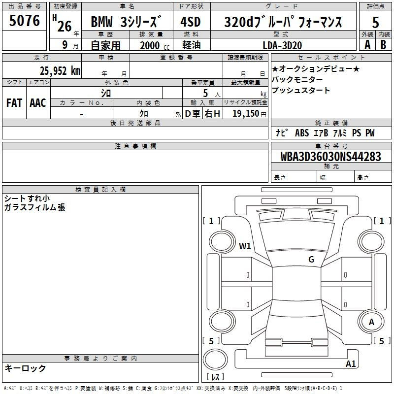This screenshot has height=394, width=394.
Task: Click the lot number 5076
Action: pos(24,20)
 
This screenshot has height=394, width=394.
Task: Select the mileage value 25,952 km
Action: pos(60,71)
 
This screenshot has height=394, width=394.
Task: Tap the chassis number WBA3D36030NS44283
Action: pos(330,156)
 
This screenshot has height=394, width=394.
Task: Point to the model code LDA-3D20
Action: pos(282,45)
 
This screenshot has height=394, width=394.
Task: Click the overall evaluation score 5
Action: pos(375,23)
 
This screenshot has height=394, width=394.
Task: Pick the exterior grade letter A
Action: pos(367,45)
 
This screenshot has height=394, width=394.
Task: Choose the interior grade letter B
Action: pos(383,45)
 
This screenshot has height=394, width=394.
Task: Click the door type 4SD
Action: pos(191,22)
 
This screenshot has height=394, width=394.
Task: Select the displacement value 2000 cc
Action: pos(155,45)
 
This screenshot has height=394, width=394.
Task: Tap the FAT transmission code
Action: pos(14,103)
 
